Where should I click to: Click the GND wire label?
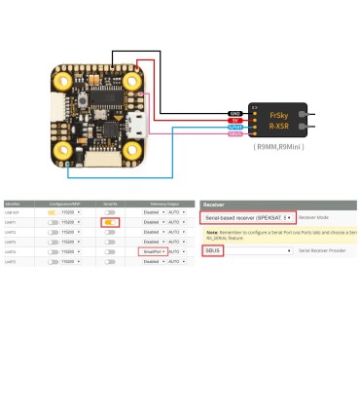tap(235, 113)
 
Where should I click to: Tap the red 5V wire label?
tap(235, 120)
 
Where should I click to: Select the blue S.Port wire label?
tap(235, 128)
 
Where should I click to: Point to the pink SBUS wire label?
tap(235, 134)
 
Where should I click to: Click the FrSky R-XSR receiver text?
tap(280, 120)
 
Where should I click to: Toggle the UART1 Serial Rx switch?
tap(111, 222)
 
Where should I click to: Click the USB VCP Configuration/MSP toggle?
tap(56, 211)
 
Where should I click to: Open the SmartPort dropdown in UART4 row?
tap(152, 251)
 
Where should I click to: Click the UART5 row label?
tap(11, 261)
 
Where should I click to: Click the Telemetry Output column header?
tap(157, 203)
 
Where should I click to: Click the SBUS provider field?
tap(214, 250)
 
